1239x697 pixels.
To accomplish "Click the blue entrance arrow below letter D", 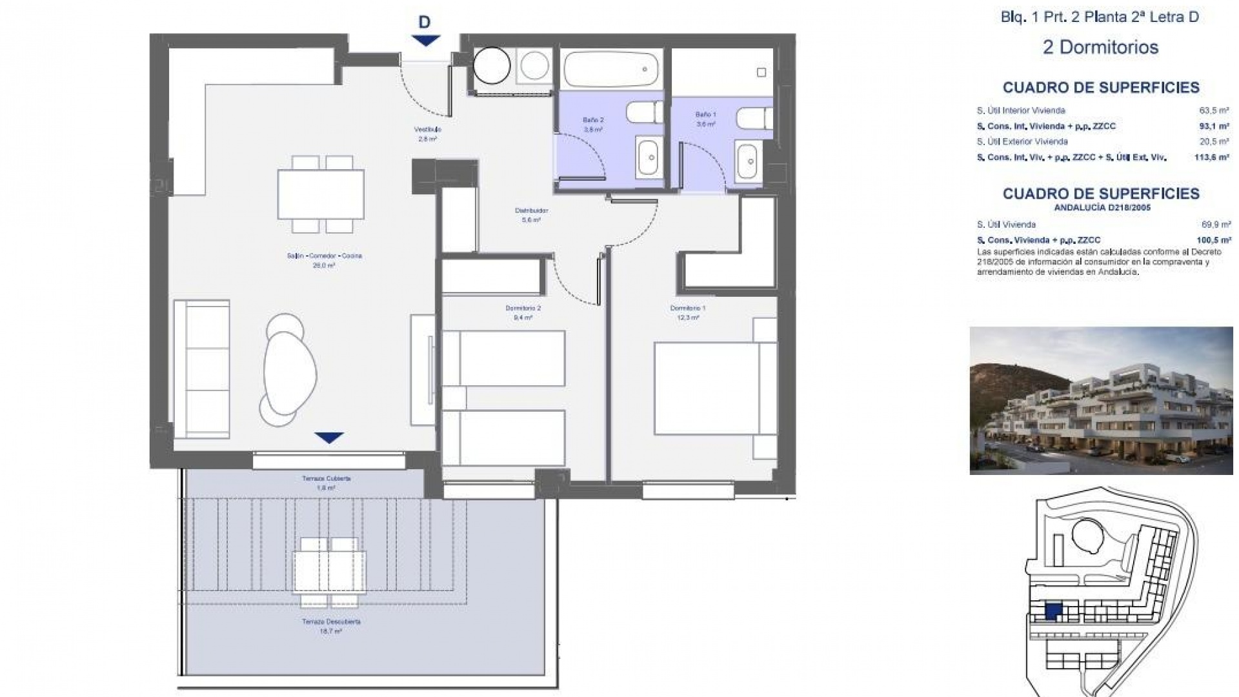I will tap(425, 40).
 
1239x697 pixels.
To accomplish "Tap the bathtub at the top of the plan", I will tap(610, 69).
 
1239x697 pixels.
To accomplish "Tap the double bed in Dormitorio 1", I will tap(707, 389).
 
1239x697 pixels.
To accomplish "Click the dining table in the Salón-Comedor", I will tap(321, 194).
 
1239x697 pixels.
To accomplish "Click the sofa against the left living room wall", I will tap(201, 369).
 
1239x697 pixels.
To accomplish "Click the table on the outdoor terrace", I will tap(329, 572).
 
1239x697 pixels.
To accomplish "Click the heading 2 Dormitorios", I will tap(1100, 47).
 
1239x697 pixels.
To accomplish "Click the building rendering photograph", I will tap(1101, 400).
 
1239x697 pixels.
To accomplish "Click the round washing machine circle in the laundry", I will tap(492, 65).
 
